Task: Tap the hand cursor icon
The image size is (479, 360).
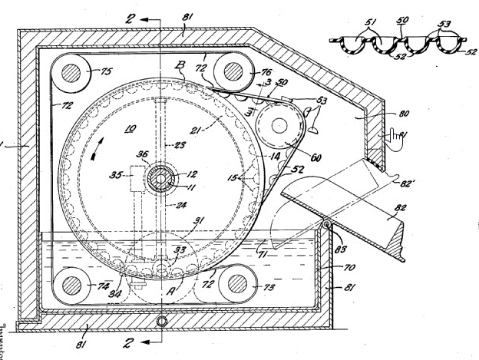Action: (396, 139)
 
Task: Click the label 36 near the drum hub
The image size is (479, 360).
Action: (143, 154)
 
